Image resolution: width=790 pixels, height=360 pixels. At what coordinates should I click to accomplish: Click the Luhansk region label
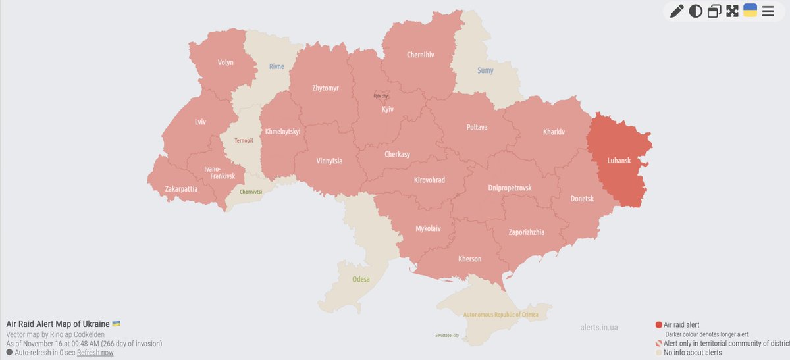(619, 159)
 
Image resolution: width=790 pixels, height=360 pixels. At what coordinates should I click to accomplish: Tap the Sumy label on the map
(485, 70)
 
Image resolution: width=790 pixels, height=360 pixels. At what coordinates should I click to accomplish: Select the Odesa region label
(361, 279)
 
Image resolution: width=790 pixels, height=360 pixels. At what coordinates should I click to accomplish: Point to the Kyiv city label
(381, 97)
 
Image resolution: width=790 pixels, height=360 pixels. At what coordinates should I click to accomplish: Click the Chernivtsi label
(251, 192)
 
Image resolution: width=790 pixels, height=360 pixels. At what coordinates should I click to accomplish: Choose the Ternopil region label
(244, 140)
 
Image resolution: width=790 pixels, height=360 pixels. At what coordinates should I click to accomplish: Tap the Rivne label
(277, 66)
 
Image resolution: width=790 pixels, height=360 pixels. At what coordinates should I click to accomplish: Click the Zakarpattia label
(181, 189)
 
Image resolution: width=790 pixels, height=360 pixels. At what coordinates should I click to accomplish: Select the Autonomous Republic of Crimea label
(500, 315)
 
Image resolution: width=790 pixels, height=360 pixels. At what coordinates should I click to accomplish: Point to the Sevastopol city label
(447, 336)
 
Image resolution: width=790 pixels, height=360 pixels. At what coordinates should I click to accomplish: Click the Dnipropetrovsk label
(510, 188)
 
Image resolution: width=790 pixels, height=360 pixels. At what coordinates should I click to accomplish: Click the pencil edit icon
(677, 11)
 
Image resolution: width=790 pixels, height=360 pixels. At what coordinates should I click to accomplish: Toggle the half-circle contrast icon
(695, 11)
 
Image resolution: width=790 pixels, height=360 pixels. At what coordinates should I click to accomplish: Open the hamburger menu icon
(768, 11)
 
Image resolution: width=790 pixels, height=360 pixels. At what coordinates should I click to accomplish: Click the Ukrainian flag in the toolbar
(750, 10)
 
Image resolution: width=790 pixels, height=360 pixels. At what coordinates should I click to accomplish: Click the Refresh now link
(95, 353)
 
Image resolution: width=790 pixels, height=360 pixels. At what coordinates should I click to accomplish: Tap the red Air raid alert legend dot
(658, 324)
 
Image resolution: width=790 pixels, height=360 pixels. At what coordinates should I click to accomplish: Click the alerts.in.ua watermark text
(598, 326)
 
